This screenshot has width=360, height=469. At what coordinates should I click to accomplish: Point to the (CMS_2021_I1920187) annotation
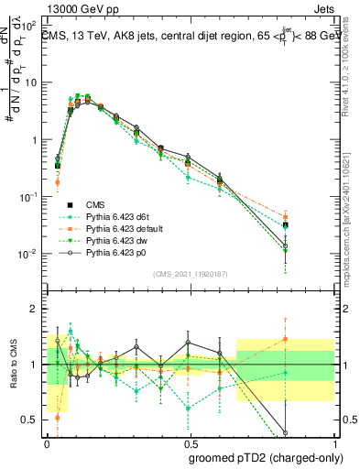pos(191,273)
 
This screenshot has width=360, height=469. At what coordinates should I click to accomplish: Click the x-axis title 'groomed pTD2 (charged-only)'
pos(267,457)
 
